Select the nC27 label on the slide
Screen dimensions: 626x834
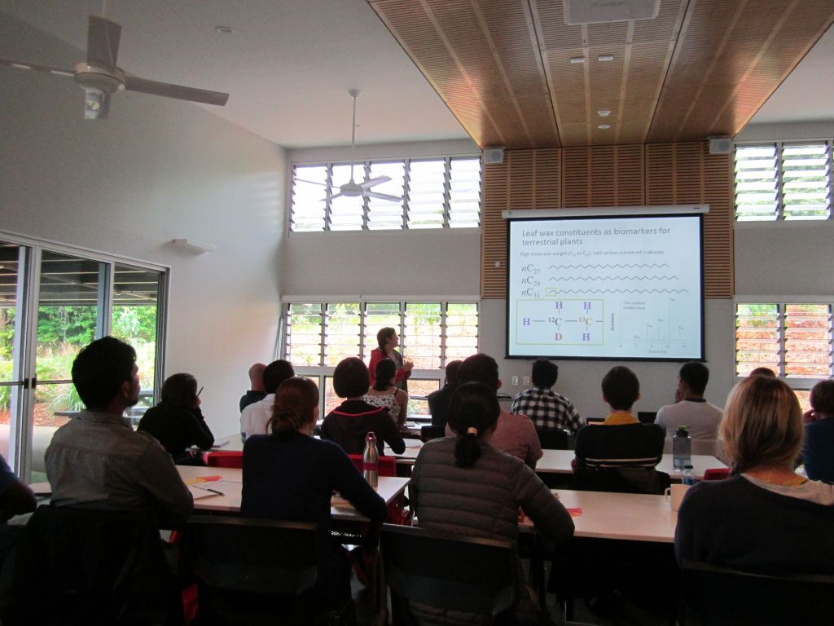click(531, 268)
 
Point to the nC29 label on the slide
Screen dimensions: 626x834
click(531, 280)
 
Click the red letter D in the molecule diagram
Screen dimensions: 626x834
click(559, 336)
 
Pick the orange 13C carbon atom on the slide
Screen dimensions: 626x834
click(586, 321)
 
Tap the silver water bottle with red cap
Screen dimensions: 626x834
click(371, 459)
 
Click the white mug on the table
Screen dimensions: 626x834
click(675, 496)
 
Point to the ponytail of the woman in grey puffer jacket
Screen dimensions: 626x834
click(467, 444)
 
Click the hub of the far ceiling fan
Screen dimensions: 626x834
click(353, 189)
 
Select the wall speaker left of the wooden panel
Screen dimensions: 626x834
click(494, 155)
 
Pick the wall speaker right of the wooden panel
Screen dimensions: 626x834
click(719, 145)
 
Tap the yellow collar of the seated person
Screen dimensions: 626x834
click(621, 417)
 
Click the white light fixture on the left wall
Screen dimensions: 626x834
click(192, 245)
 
